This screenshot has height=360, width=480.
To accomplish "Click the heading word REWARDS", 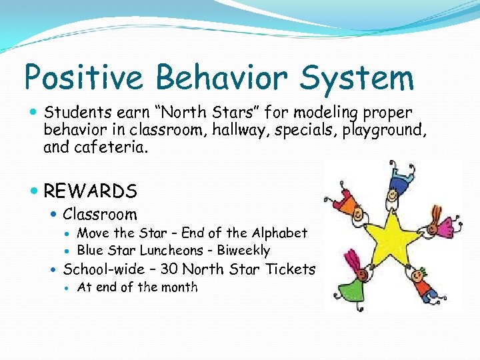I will [x=90, y=191].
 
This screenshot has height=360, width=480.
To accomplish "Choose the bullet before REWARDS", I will [x=34, y=192].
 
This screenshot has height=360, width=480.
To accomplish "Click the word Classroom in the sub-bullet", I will [x=99, y=214].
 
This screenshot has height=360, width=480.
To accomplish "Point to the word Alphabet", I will [x=279, y=233].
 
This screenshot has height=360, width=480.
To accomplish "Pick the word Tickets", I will [x=290, y=269].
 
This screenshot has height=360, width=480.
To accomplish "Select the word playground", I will [x=379, y=129].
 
